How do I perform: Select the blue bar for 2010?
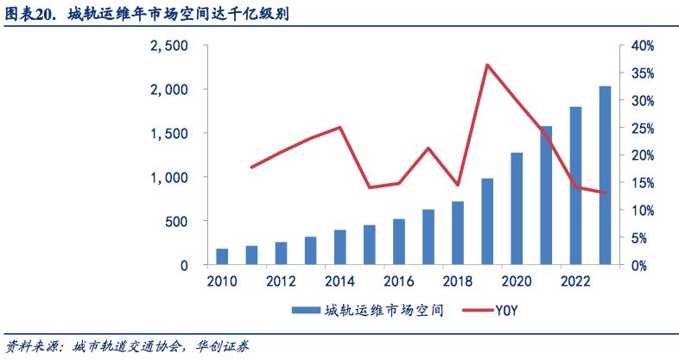coord(222,256)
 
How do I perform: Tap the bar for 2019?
coord(487,222)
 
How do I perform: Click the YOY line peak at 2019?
coord(487,65)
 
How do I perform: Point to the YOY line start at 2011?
coord(251,167)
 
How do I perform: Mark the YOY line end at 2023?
coord(605,193)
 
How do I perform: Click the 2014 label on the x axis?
coord(339,281)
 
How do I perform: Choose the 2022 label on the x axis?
coord(575,281)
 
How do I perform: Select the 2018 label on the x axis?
coord(458,281)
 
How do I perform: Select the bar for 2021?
coord(546,195)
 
